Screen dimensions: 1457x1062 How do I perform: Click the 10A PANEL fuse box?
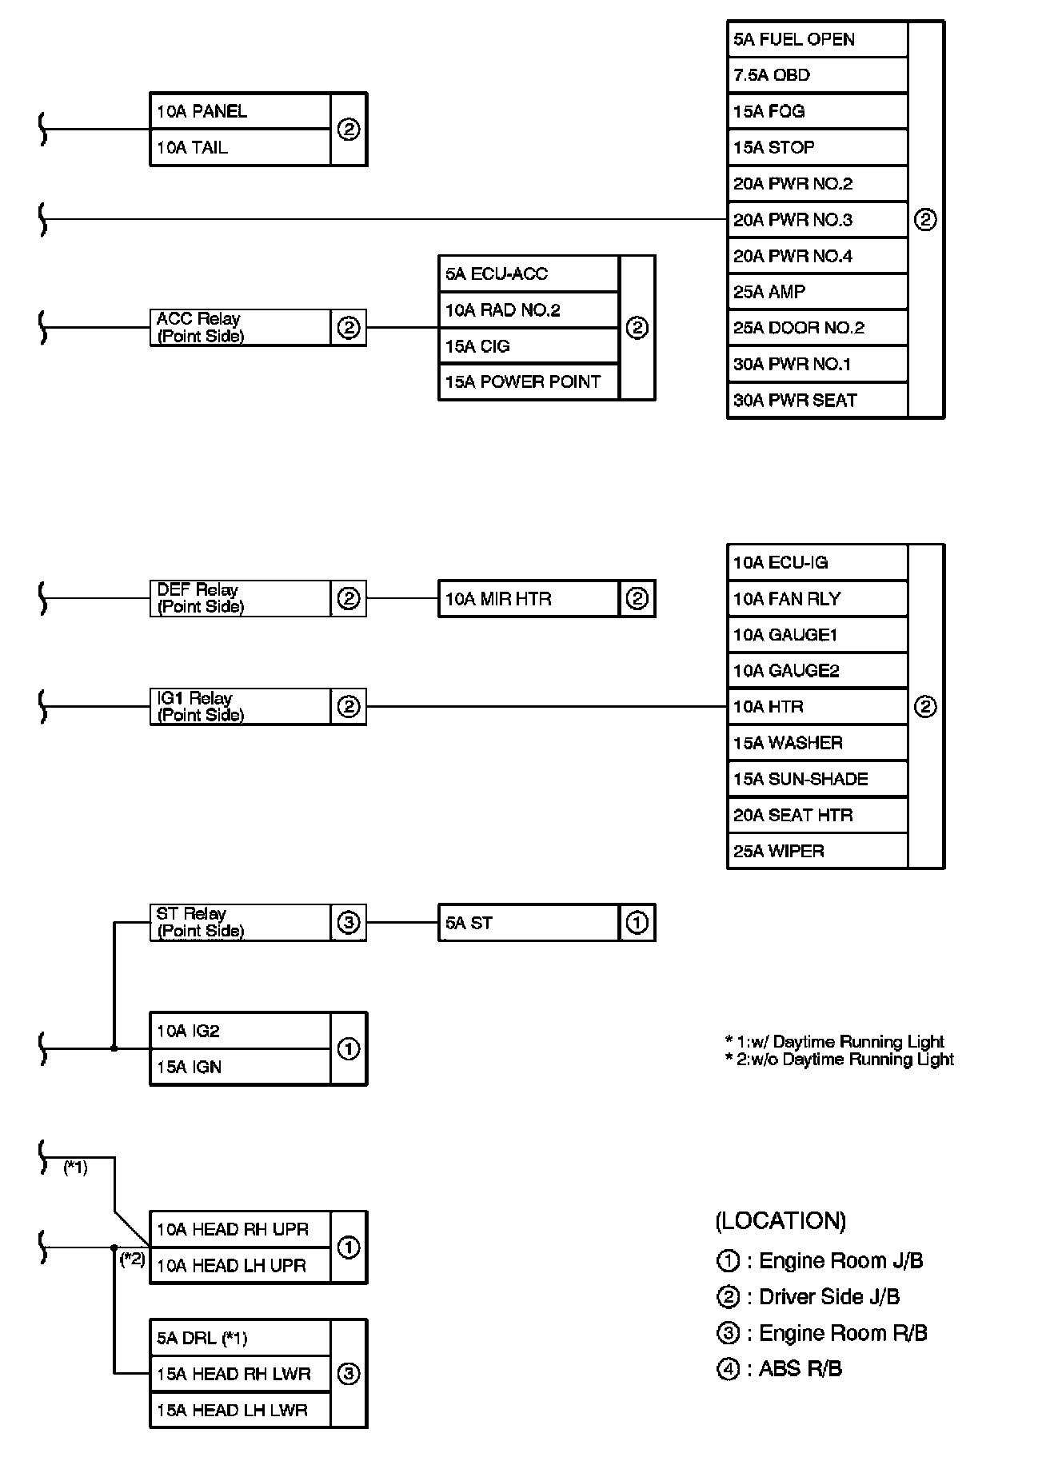(x=240, y=111)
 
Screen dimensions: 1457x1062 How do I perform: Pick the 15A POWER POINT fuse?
(x=529, y=382)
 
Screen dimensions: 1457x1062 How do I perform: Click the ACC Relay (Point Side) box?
(x=240, y=328)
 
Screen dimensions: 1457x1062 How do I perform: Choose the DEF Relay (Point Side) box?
(x=240, y=598)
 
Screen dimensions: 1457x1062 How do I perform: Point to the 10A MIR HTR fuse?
(x=529, y=599)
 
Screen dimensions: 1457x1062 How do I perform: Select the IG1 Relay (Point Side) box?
(x=240, y=707)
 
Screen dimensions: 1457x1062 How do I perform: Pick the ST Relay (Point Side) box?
(x=240, y=922)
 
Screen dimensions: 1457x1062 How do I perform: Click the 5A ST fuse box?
(x=529, y=923)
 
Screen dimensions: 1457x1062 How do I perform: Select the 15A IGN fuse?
(x=240, y=1067)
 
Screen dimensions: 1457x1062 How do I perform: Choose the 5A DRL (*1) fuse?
(x=240, y=1338)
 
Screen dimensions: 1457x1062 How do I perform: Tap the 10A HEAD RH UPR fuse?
(x=240, y=1229)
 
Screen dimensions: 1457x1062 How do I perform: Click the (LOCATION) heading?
(x=781, y=1220)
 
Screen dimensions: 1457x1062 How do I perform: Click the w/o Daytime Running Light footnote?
(x=840, y=1060)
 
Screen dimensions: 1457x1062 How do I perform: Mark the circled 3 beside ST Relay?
(x=349, y=923)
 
